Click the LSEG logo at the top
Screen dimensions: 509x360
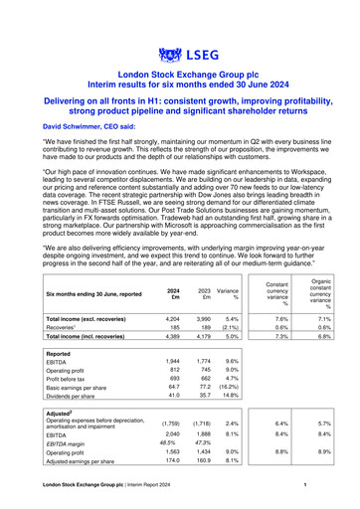(180, 52)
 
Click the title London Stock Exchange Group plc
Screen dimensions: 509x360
(180, 75)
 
